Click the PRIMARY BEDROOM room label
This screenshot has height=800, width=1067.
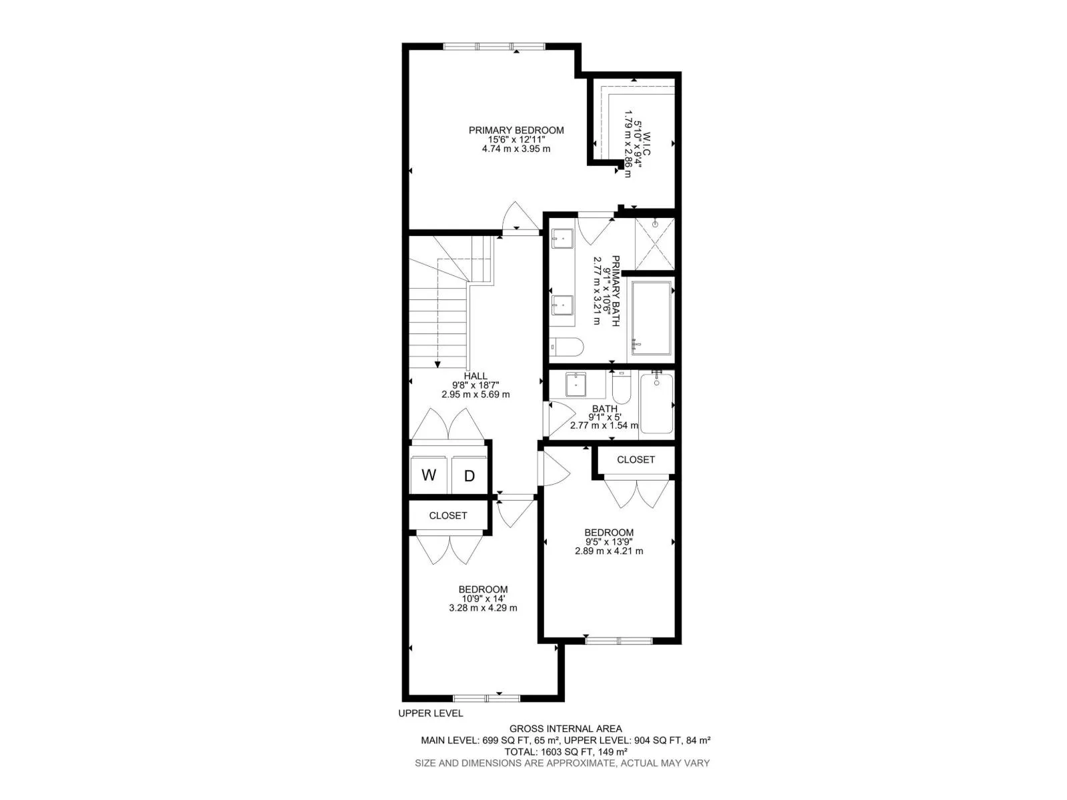(x=515, y=130)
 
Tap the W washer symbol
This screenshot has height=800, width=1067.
(x=428, y=475)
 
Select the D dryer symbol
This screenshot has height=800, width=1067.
(x=469, y=475)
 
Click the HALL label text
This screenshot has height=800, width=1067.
(x=475, y=376)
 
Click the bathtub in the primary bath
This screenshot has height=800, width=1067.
(x=652, y=318)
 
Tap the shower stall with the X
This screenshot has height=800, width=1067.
(x=655, y=244)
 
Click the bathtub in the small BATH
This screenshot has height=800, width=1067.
(x=657, y=403)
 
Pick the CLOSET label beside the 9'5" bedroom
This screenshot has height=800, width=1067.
(x=636, y=459)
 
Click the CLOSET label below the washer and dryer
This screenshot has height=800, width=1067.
(x=447, y=515)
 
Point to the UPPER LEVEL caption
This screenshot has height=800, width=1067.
(x=431, y=713)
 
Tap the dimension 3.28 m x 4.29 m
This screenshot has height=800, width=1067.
(x=483, y=607)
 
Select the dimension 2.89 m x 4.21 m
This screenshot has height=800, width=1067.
(x=609, y=551)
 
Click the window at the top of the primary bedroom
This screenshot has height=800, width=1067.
(x=494, y=47)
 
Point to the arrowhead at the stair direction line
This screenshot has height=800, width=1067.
(x=437, y=364)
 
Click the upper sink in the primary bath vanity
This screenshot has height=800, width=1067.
(x=562, y=239)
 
